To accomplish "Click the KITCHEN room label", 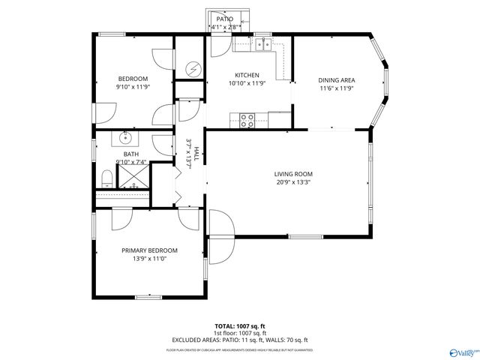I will tap(247, 75).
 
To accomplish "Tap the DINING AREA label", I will tap(337, 80).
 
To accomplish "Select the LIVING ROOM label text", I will tap(292, 173).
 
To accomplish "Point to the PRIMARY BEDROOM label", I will tap(149, 250).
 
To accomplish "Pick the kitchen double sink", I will tap(262, 46).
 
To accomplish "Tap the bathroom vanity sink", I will tap(124, 139).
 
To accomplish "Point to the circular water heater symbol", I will tap(193, 69).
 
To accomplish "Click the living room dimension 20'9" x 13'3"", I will tap(292, 181).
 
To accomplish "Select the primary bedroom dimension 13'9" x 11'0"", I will tap(149, 259).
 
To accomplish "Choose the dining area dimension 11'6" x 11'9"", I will tap(337, 88).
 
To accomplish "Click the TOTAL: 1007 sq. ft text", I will tap(240, 326).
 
